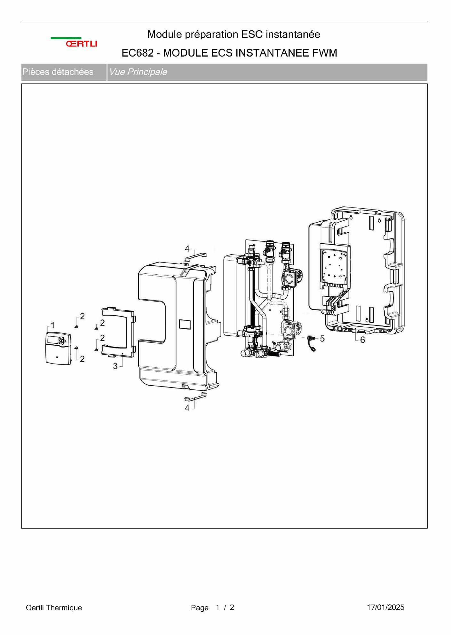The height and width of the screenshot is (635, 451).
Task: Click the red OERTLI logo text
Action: coord(82,44)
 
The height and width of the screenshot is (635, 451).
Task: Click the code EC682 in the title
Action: coord(138,53)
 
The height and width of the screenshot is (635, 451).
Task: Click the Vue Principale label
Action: coord(138,72)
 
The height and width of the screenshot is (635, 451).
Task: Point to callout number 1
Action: coord(53,325)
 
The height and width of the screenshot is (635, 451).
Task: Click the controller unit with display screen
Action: coord(58,348)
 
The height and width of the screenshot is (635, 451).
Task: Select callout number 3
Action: coord(115,366)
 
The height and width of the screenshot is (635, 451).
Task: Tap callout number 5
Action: coord(322,338)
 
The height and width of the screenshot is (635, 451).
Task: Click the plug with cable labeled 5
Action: coord(311,343)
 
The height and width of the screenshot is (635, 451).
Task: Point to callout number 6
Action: coord(362,340)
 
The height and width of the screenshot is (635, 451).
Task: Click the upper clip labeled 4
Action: coord(195,256)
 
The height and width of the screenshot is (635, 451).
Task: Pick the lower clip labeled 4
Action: coord(195,396)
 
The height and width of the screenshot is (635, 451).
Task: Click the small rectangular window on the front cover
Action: coord(185,324)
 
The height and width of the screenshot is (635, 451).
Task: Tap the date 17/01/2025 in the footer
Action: coord(385,607)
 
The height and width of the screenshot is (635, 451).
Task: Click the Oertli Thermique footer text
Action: coord(54,608)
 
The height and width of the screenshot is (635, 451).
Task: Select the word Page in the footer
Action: coord(200,608)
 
